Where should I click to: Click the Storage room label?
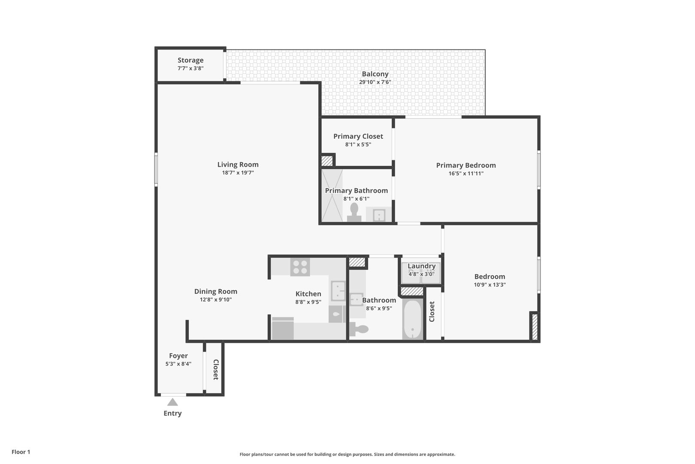click(x=190, y=61)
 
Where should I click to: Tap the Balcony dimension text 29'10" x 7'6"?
click(x=375, y=82)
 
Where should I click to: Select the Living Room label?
click(x=238, y=165)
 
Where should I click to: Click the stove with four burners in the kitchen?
click(x=300, y=267)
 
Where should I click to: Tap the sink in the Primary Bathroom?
click(x=378, y=215)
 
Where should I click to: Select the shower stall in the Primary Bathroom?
click(x=332, y=195)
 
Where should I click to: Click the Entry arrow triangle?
click(x=172, y=403)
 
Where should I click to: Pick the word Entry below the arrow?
click(x=172, y=413)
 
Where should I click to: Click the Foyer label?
click(x=178, y=356)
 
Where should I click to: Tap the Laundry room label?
click(x=421, y=266)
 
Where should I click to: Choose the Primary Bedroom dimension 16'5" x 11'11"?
click(x=466, y=174)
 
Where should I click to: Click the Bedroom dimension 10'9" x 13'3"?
click(x=490, y=284)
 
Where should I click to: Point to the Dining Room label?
click(x=215, y=291)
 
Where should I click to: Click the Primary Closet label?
click(x=358, y=136)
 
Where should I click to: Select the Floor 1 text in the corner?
click(x=21, y=452)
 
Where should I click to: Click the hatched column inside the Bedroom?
click(x=535, y=327)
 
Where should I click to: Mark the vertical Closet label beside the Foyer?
click(x=216, y=369)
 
